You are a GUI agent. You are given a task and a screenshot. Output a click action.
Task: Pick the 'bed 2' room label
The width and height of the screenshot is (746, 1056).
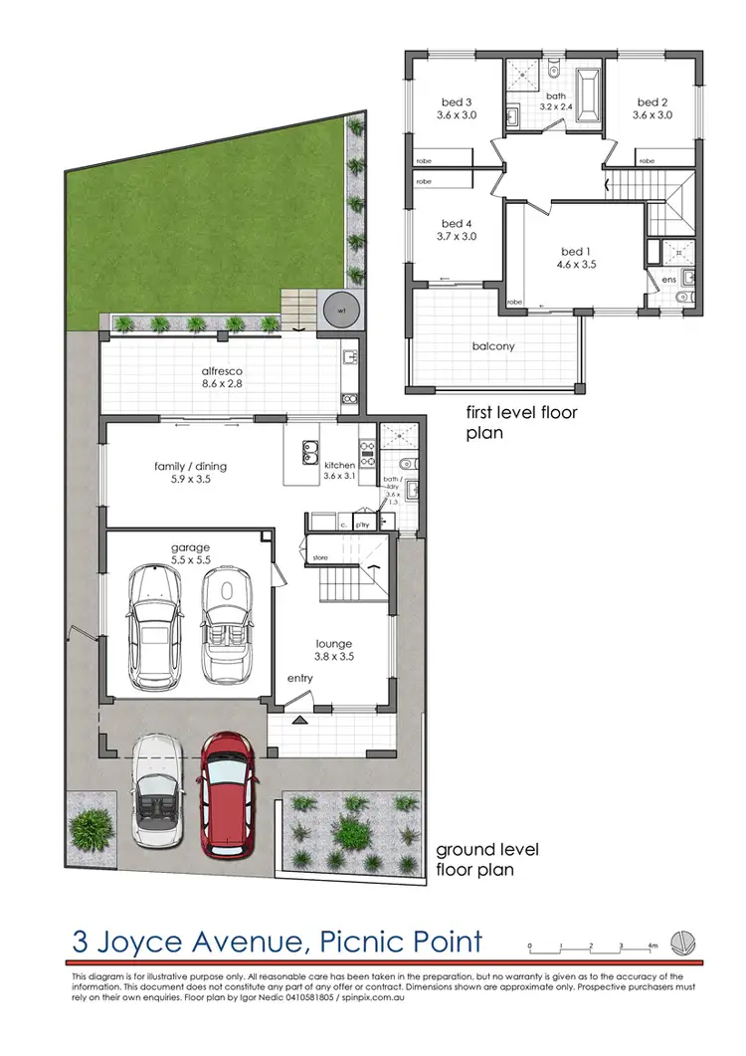click(652, 102)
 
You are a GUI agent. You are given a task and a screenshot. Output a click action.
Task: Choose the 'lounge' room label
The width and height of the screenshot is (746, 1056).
click(335, 643)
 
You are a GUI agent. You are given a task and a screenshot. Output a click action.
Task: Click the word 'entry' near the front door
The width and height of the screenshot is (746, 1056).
click(299, 679)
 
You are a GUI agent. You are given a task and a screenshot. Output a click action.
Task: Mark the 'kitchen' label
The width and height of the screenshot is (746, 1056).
click(339, 465)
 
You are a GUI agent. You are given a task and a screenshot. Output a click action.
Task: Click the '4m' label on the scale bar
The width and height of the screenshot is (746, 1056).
click(653, 946)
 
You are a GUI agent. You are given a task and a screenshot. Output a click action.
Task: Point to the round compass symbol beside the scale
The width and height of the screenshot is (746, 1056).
click(682, 941)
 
